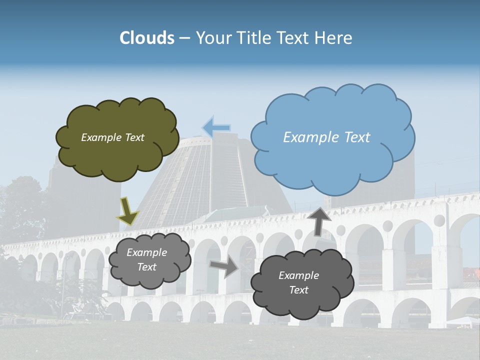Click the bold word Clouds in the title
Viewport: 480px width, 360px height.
coord(147,38)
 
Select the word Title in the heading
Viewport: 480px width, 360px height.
coord(252,38)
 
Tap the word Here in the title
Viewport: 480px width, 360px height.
coord(334,38)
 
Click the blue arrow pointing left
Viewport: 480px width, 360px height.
coord(216,128)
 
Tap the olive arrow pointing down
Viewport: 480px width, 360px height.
coord(128,211)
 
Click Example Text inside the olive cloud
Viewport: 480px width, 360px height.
coord(112,137)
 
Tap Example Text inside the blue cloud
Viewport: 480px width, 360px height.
coord(326,137)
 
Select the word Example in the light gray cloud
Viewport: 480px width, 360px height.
coord(146,252)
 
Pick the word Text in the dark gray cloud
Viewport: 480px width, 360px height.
coord(298,290)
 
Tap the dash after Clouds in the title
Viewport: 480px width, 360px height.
coord(184,38)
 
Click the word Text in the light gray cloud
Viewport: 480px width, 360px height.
coord(146,267)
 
